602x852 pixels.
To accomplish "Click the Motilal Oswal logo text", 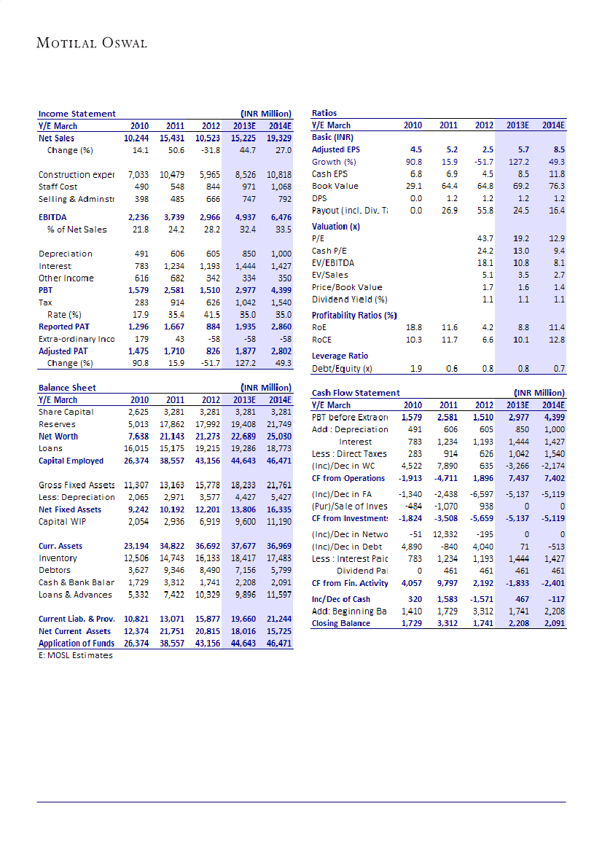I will (x=92, y=43).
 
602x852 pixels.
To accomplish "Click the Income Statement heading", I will (x=77, y=114).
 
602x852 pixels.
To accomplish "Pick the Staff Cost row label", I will (x=58, y=187).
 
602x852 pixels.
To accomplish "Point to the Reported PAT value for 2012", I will (x=211, y=327).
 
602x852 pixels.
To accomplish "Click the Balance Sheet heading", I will (x=67, y=388).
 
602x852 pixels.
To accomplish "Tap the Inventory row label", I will (x=58, y=558).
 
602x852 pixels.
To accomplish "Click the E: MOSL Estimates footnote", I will (x=76, y=655).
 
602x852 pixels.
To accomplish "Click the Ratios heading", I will (x=324, y=114).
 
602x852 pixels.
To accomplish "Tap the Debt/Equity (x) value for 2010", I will (x=416, y=368).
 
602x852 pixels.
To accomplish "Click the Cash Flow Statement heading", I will (x=356, y=393).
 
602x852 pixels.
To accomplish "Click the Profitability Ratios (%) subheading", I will (x=353, y=315).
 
